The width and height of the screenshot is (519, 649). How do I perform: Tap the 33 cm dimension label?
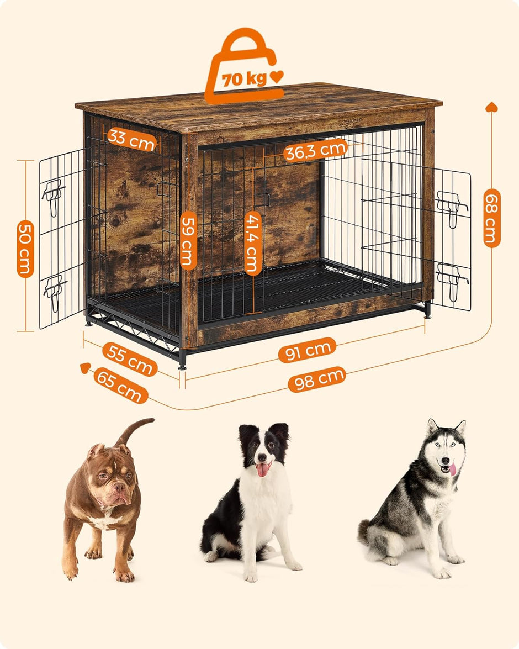click(131, 139)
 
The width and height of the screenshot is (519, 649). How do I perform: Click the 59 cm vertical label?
click(189, 240)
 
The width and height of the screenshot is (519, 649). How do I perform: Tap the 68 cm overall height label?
click(491, 218)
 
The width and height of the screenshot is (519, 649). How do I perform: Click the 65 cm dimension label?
click(120, 386)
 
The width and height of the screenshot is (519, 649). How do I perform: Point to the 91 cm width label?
click(307, 350)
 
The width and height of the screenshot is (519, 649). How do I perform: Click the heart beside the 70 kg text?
click(276, 77)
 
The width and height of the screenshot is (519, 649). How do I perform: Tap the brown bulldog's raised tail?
click(134, 429)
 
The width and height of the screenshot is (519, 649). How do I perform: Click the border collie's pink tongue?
click(263, 469)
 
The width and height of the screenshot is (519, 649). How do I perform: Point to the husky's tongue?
click(452, 469)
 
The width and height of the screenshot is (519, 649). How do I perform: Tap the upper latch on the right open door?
click(452, 205)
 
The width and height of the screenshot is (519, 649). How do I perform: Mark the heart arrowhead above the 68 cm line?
click(491, 107)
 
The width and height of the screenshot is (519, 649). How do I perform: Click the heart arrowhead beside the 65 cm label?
click(85, 367)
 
